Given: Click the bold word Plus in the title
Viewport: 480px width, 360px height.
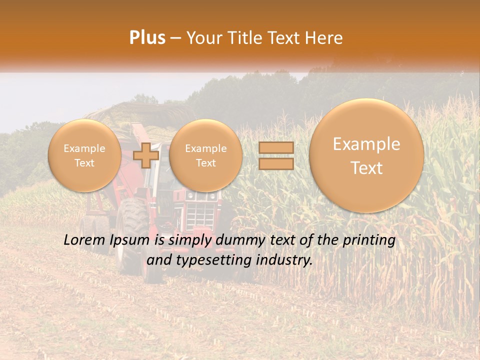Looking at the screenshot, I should coord(147,38).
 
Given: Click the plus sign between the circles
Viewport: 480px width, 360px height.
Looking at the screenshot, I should coord(146,155).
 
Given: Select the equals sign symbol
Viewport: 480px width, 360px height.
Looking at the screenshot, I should coord(276,155).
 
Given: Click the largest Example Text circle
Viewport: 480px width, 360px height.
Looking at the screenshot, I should coord(366,155).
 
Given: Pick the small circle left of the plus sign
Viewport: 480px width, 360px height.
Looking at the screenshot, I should coord(84,155).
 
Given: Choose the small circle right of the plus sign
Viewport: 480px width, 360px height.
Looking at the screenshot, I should coord(205,155).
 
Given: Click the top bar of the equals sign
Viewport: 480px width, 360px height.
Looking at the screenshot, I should coord(276,148).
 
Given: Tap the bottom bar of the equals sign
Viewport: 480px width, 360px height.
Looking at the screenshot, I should coord(276,163).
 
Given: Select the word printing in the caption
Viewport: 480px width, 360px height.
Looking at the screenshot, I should coord(369,240).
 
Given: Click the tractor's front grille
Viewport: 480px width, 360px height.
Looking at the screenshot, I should coord(200,212).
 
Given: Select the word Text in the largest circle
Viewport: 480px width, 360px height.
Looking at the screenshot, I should coord(366,168).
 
